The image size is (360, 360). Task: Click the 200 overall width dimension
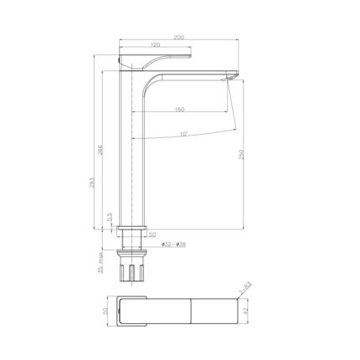click(180, 38)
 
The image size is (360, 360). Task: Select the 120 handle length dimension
click(156, 47)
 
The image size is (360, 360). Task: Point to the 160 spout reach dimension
click(179, 110)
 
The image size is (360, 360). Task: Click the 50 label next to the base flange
click(152, 234)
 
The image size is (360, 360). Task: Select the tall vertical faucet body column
click(135, 151)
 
